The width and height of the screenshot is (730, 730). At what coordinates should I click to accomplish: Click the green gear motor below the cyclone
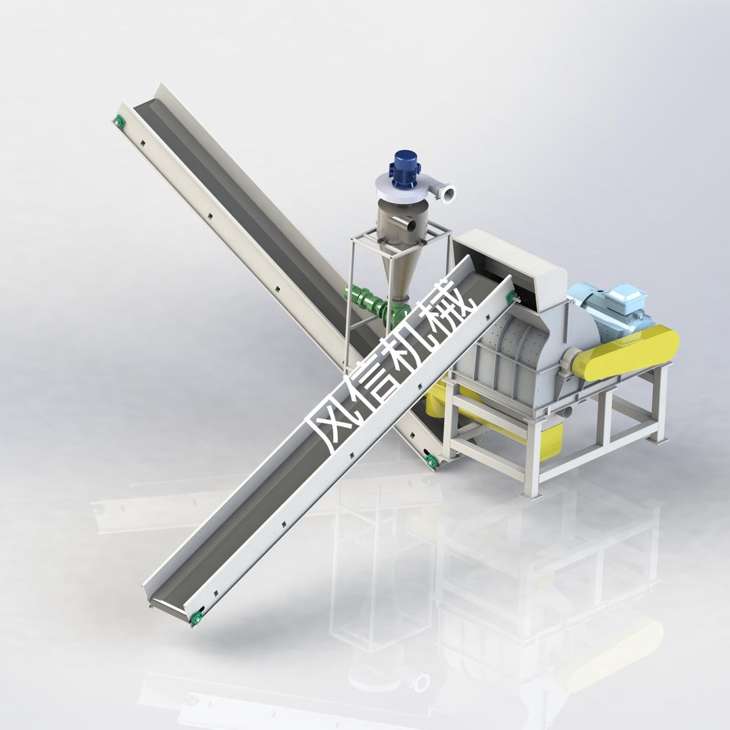pyautogui.click(x=372, y=303)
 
